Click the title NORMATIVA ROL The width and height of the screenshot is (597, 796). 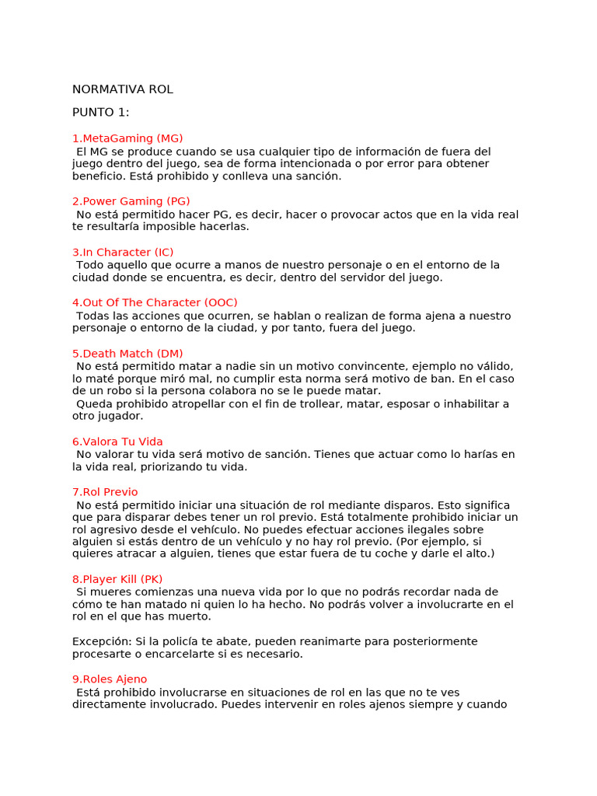tap(123, 89)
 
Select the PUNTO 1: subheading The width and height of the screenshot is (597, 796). tap(101, 113)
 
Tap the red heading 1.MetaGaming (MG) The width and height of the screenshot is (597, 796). tap(127, 138)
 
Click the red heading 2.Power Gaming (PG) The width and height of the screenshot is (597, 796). tap(131, 201)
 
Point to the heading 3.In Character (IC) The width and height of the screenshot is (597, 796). tap(123, 252)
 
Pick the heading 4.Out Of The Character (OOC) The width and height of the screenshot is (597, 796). tap(155, 302)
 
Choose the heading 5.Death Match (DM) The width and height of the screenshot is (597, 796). tap(127, 354)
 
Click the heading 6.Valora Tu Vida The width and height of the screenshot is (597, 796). tap(117, 442)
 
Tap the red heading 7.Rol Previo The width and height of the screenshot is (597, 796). tap(105, 492)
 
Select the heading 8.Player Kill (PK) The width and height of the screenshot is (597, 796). tap(117, 579)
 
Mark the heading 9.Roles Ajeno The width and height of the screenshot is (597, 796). tap(110, 679)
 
